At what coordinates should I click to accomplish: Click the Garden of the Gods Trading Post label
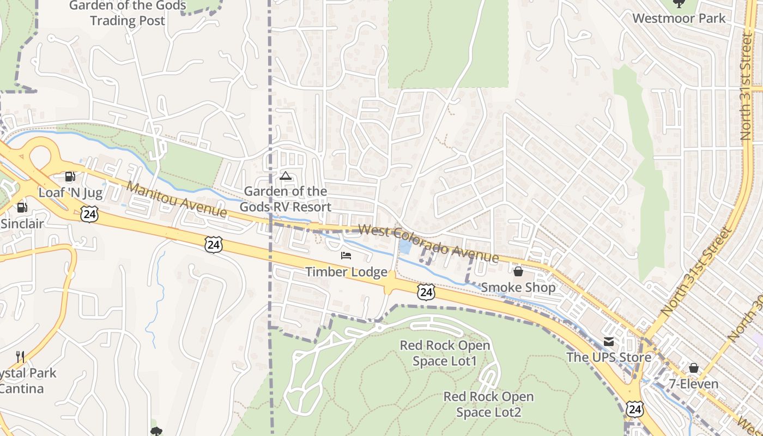[x=128, y=14]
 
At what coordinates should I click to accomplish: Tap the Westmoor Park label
[x=679, y=18]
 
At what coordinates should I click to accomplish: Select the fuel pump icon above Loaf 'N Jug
[x=70, y=176]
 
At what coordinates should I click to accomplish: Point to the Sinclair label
[x=22, y=223]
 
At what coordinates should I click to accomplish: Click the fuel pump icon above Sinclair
[x=22, y=207]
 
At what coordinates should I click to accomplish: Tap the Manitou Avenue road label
[x=176, y=199]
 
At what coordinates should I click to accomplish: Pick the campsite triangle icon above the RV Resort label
[x=285, y=175]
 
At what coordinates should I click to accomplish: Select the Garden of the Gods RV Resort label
[x=286, y=199]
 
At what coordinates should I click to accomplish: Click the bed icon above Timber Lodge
[x=346, y=255]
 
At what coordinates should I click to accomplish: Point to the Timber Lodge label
[x=346, y=272]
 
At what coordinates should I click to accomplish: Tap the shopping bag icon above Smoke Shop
[x=518, y=271]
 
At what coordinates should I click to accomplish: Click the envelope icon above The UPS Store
[x=609, y=342]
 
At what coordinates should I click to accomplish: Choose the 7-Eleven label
[x=694, y=384]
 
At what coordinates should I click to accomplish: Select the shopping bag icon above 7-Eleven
[x=694, y=368]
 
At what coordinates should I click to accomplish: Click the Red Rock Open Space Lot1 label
[x=445, y=353]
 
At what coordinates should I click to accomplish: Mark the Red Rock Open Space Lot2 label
[x=488, y=404]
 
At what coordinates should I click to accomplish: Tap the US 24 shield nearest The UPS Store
[x=634, y=409]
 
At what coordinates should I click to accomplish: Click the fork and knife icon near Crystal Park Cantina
[x=20, y=357]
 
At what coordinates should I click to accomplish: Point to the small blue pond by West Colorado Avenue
[x=405, y=247]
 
